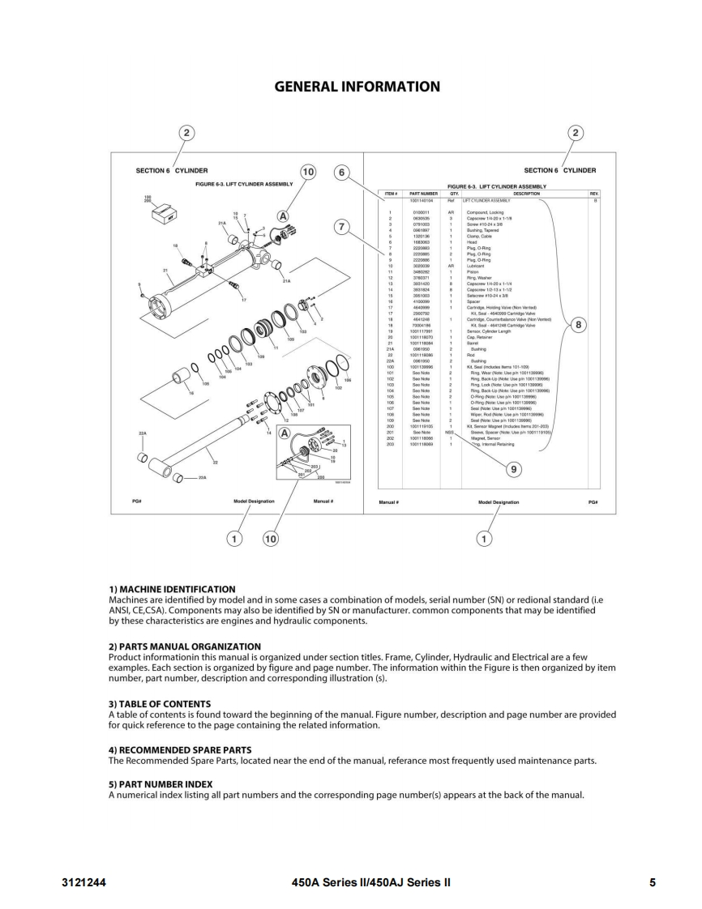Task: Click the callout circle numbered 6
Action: click(342, 173)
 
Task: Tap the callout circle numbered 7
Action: click(342, 228)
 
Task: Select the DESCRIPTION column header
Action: click(526, 194)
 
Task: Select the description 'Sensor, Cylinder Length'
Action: click(486, 331)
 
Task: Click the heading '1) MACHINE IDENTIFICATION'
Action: click(172, 589)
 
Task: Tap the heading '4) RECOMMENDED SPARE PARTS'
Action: click(180, 749)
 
